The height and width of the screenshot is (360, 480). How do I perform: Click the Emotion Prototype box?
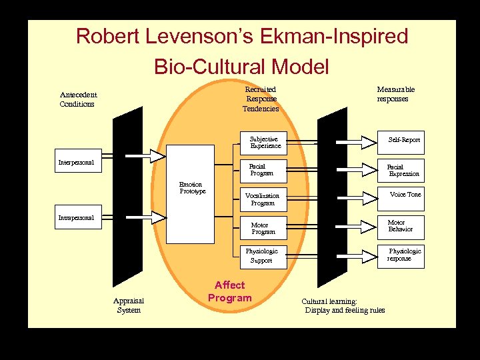pos(191,194)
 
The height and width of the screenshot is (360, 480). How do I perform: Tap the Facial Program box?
pos(263,170)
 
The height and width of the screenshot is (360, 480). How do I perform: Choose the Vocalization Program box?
pos(263,199)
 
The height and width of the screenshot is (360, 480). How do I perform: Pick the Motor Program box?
pos(263,228)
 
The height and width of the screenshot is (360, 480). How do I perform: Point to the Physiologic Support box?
pos(263,256)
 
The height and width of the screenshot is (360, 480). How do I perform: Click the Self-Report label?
pos(404,140)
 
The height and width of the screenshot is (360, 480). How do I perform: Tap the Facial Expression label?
pos(403,170)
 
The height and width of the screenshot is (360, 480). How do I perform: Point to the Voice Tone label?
pos(405,195)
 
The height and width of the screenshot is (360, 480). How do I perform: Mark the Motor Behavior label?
pos(400,226)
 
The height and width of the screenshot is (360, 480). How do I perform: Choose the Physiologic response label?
pos(404,255)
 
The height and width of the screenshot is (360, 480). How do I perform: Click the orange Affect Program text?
pos(230,291)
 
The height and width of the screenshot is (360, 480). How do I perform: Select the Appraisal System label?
pos(129,305)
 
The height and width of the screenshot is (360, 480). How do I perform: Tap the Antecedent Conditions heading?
pos(77,99)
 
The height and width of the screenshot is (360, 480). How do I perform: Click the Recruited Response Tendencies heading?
pos(261,99)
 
